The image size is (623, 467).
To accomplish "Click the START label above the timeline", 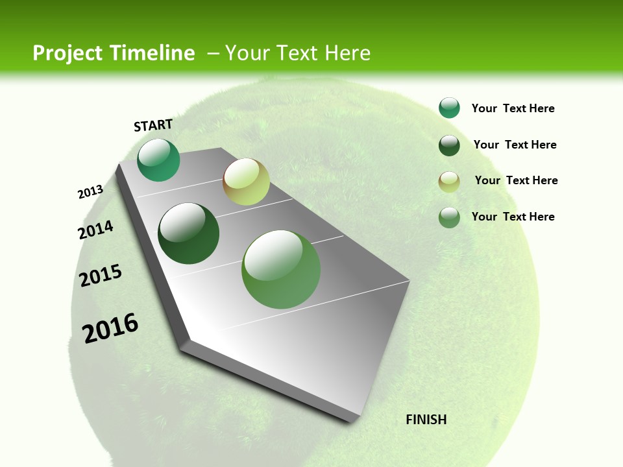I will (x=153, y=125).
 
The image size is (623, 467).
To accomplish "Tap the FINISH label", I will (x=426, y=420).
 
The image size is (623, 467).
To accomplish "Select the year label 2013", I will (x=91, y=192).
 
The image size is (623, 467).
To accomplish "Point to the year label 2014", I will (x=96, y=230).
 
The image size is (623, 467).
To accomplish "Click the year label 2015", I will (x=101, y=275).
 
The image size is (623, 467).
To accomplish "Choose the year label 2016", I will (x=110, y=328).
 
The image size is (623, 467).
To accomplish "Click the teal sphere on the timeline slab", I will (x=158, y=160).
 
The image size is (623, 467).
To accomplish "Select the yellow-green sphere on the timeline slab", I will (x=246, y=182).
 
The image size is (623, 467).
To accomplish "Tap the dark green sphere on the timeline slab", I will (x=189, y=233).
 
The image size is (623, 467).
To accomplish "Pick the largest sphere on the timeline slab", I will (x=281, y=269).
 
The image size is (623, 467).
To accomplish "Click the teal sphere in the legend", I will (x=449, y=108).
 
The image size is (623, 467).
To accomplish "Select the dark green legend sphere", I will (x=449, y=145).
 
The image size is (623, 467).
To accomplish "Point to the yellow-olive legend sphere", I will (x=449, y=182).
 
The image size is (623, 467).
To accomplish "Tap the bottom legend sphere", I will (x=449, y=217).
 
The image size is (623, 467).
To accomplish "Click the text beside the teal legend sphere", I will (x=513, y=108).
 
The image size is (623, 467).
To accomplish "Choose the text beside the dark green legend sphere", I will (x=515, y=145).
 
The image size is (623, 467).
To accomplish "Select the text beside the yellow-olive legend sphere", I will (x=516, y=180).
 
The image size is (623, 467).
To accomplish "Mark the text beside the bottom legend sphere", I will (x=513, y=217).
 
